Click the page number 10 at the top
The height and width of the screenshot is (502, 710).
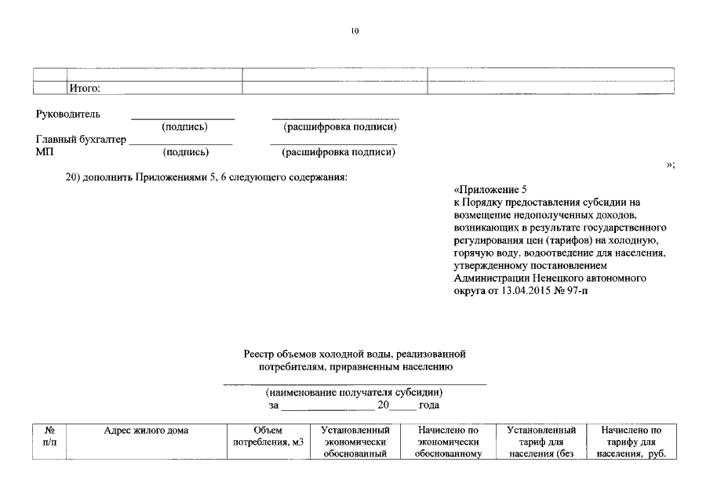355,31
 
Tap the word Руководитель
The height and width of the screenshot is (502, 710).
68,115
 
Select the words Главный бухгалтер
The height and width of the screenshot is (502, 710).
81,140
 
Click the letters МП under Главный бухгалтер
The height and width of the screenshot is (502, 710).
45,152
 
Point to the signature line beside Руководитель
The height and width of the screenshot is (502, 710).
182,118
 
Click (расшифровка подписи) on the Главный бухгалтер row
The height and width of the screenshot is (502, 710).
338,152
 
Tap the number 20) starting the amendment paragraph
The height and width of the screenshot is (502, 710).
74,177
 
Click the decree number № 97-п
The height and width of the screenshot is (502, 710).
569,290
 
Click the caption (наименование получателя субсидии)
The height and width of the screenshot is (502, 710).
355,392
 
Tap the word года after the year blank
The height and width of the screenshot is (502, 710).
429,406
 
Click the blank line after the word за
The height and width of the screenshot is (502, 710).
328,408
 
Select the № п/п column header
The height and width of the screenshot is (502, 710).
49,437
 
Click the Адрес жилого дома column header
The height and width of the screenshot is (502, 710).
147,431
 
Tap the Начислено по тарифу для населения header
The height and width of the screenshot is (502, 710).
630,443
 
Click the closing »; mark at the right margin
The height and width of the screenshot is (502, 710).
670,164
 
